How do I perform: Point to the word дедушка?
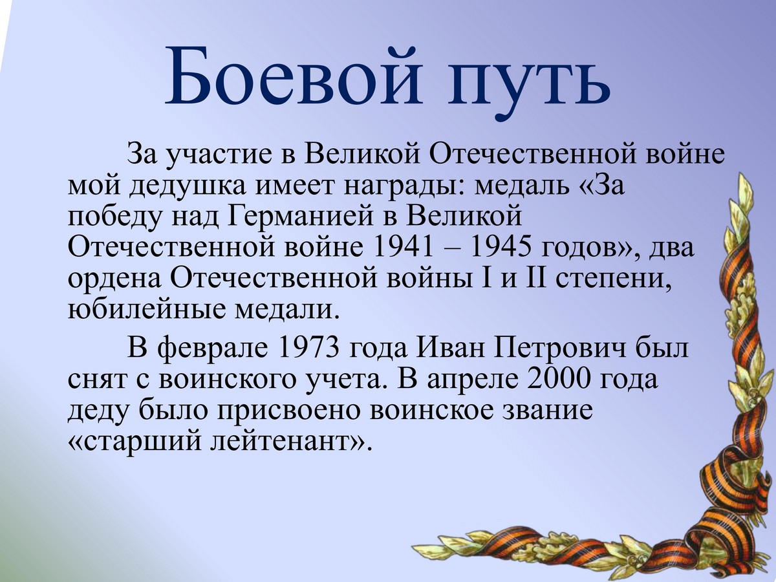(186, 188)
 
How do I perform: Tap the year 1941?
(403, 248)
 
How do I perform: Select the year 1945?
(501, 248)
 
